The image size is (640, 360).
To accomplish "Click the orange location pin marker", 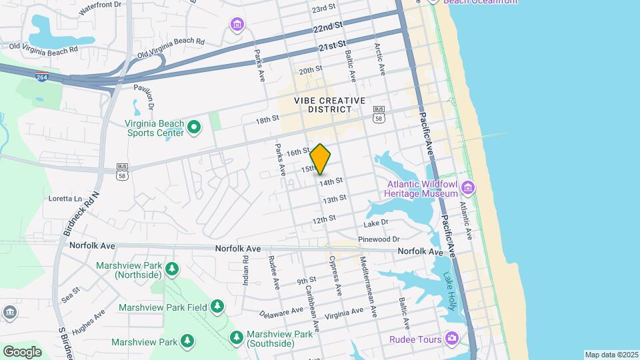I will coord(321,159).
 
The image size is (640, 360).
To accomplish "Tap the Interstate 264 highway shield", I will coord(41,76).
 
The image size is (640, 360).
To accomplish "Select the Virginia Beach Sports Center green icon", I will coord(194,127).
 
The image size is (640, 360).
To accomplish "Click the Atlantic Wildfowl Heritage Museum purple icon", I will coord(468,188).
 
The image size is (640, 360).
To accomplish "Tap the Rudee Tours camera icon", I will coord(452,339).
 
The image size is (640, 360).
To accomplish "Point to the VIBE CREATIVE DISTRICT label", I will coord(331,105).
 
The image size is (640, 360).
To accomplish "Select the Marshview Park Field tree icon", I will coord(217,307).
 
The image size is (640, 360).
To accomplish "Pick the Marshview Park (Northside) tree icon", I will coord(173,269).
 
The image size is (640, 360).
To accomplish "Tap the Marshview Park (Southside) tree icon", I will coord(236,338).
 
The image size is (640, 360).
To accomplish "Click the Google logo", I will coord(22,351).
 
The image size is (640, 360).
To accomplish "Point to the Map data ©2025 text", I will coord(611,355).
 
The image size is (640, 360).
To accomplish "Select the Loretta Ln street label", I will coord(65,199).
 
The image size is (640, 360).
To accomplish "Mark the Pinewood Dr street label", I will coord(378,239).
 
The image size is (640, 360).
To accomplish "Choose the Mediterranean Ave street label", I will coord(369,287).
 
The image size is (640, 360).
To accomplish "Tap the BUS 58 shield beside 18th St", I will coord(379,114).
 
